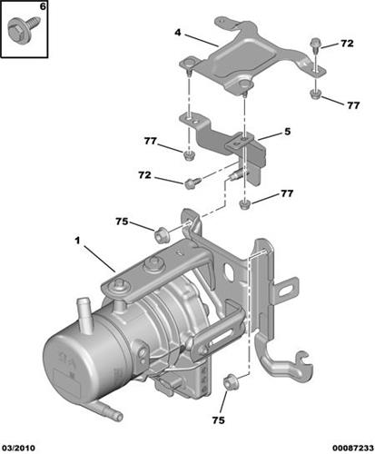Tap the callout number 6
tap(43, 6)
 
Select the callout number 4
tap(178, 33)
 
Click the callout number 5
tap(287, 132)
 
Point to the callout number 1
tap(77, 241)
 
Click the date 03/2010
tap(18, 448)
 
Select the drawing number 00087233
tap(352, 448)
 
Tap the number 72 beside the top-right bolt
tap(347, 44)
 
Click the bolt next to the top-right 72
tap(315, 44)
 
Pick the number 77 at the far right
tap(353, 105)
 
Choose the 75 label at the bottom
tap(218, 420)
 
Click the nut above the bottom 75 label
tap(230, 380)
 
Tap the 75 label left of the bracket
tap(122, 222)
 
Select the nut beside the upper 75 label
tap(161, 235)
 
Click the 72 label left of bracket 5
tap(144, 175)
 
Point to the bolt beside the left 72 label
tap(192, 183)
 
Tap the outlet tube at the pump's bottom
tap(107, 411)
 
